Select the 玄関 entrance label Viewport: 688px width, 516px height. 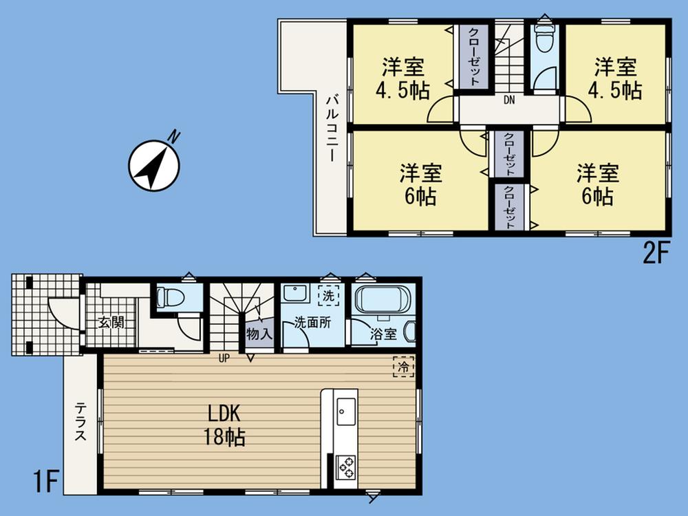pyautogui.click(x=110, y=321)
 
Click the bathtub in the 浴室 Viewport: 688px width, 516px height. pyautogui.click(x=381, y=301)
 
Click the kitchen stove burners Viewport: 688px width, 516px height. pyautogui.click(x=345, y=469)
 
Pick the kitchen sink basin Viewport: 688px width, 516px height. pyautogui.click(x=345, y=411)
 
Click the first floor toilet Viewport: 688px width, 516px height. pyautogui.click(x=169, y=297)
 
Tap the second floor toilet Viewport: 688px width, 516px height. pyautogui.click(x=544, y=41)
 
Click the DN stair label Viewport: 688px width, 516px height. pyautogui.click(x=508, y=100)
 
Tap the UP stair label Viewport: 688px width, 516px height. pyautogui.click(x=224, y=358)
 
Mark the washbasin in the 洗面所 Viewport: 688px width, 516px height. pyautogui.click(x=294, y=295)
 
